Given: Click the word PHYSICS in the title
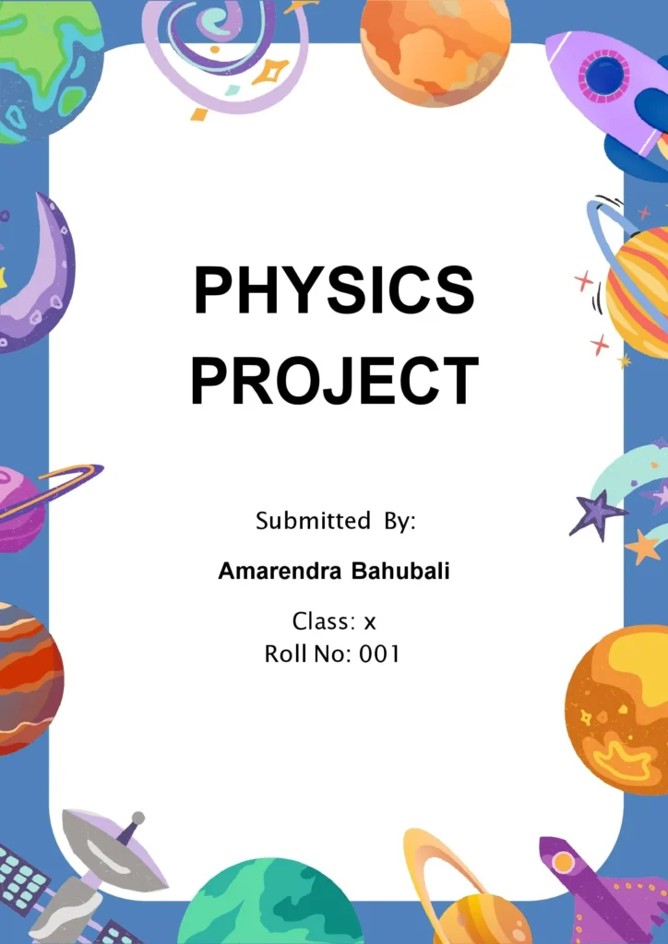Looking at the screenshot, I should click(333, 289).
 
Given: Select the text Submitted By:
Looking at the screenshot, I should click(336, 521).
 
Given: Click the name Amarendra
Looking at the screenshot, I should click(279, 572).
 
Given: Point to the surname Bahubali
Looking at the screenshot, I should click(400, 572).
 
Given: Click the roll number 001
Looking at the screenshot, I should click(379, 655).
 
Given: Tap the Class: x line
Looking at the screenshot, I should click(334, 621).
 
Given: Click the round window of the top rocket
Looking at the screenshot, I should click(604, 76).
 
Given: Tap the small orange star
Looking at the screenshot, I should click(644, 547).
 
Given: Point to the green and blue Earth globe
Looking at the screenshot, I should click(46, 65).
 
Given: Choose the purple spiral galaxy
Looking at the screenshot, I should click(221, 41).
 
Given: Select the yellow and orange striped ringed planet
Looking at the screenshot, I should click(638, 290).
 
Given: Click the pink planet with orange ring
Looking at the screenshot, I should click(18, 507).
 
